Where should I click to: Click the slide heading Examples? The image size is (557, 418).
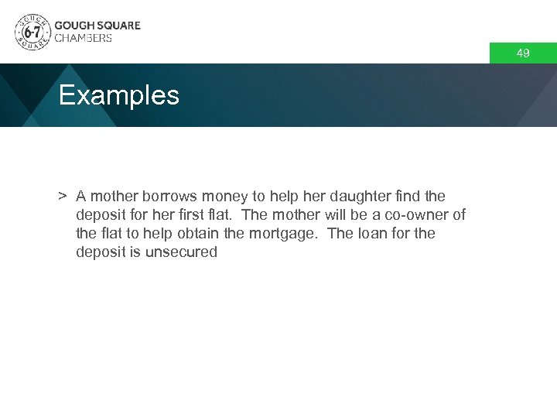[x=118, y=96]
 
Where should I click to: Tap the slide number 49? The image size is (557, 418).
[x=523, y=53]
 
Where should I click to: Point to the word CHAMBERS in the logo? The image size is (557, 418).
[x=83, y=38]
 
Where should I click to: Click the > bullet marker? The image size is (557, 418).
[x=62, y=197]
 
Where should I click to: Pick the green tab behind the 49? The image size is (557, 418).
[x=523, y=53]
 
